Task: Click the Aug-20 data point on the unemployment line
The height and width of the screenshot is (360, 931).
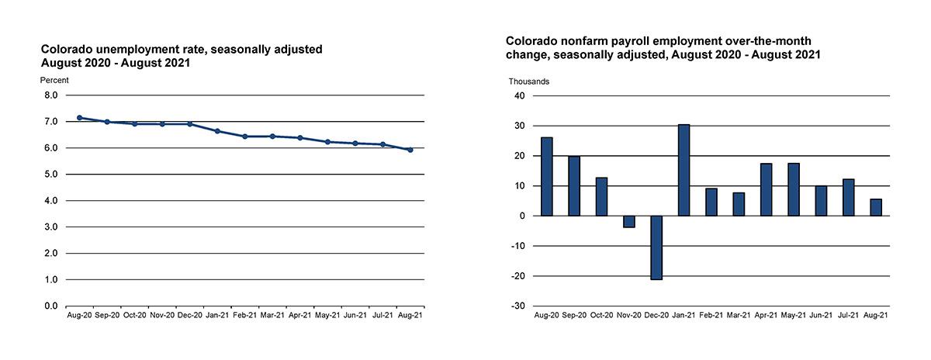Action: (x=79, y=118)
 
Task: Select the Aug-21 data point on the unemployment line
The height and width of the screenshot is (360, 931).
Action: (x=410, y=150)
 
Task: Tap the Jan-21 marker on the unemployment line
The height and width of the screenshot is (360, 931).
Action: (x=217, y=131)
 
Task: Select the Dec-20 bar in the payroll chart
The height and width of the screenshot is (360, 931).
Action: (x=656, y=247)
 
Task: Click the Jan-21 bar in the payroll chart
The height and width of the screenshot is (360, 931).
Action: (x=684, y=170)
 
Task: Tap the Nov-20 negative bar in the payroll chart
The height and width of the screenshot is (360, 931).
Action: (x=628, y=222)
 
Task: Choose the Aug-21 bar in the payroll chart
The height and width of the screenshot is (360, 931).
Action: (x=876, y=208)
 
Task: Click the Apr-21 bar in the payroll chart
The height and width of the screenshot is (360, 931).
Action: (x=766, y=189)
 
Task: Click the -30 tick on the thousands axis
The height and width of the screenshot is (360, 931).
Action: (x=517, y=306)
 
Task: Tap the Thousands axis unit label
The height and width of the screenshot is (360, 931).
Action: (x=529, y=81)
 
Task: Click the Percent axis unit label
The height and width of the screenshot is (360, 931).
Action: (x=54, y=80)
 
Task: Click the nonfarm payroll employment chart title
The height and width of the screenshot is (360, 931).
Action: (x=663, y=47)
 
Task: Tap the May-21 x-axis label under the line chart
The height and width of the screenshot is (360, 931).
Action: (x=327, y=316)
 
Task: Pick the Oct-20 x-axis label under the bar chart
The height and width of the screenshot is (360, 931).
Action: (x=601, y=316)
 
